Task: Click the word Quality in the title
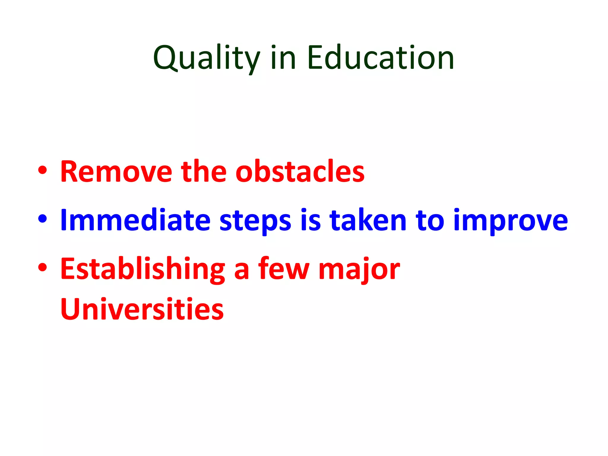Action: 207,58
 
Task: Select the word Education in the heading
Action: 381,58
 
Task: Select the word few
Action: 284,269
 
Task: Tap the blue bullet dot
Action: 42,219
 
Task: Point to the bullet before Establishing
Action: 42,267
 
